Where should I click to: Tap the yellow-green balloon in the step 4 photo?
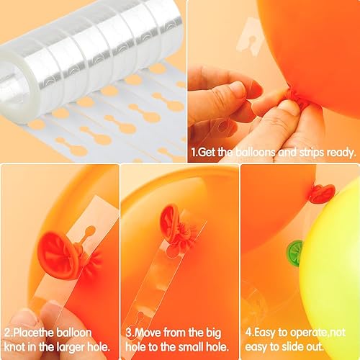click(x=331, y=274)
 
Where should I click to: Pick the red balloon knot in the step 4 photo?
click(x=322, y=193)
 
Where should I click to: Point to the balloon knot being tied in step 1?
click(x=297, y=103)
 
